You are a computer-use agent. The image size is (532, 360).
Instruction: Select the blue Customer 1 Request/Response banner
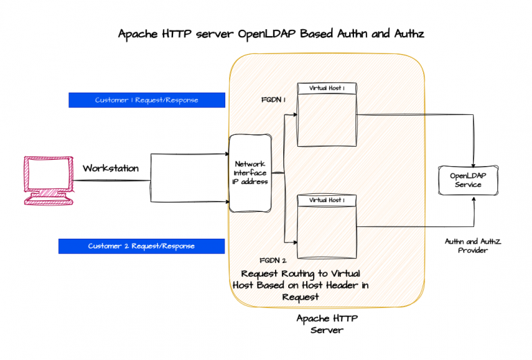pos(147,100)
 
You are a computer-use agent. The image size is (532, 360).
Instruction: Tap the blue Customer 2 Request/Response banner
pos(141,246)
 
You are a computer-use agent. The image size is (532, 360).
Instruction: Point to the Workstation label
pos(111,168)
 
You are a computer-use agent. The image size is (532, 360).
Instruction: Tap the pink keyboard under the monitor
pos(48,200)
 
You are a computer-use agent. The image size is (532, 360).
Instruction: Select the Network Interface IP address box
pos(249,172)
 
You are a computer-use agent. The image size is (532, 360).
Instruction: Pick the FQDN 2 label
pos(273,261)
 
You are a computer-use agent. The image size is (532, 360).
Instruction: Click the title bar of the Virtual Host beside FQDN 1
pos(328,89)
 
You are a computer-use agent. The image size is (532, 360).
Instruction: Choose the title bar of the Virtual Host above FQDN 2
pos(328,200)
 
